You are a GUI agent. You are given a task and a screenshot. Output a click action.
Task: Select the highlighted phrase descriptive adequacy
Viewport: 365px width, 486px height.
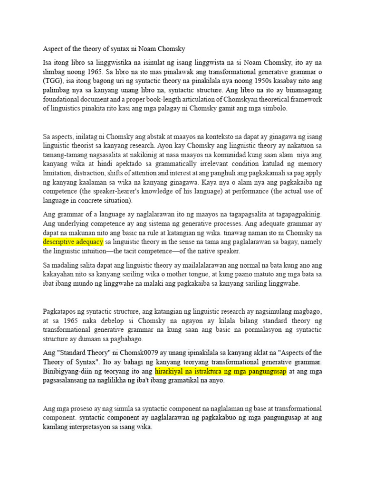click(73, 242)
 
